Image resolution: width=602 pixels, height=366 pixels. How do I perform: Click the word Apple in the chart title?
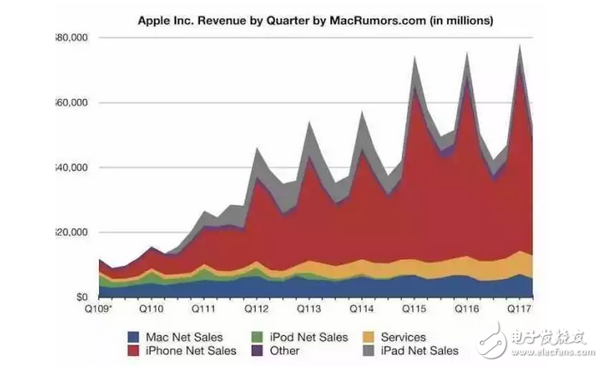155,16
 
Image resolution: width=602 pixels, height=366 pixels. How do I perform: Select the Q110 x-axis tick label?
151,308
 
